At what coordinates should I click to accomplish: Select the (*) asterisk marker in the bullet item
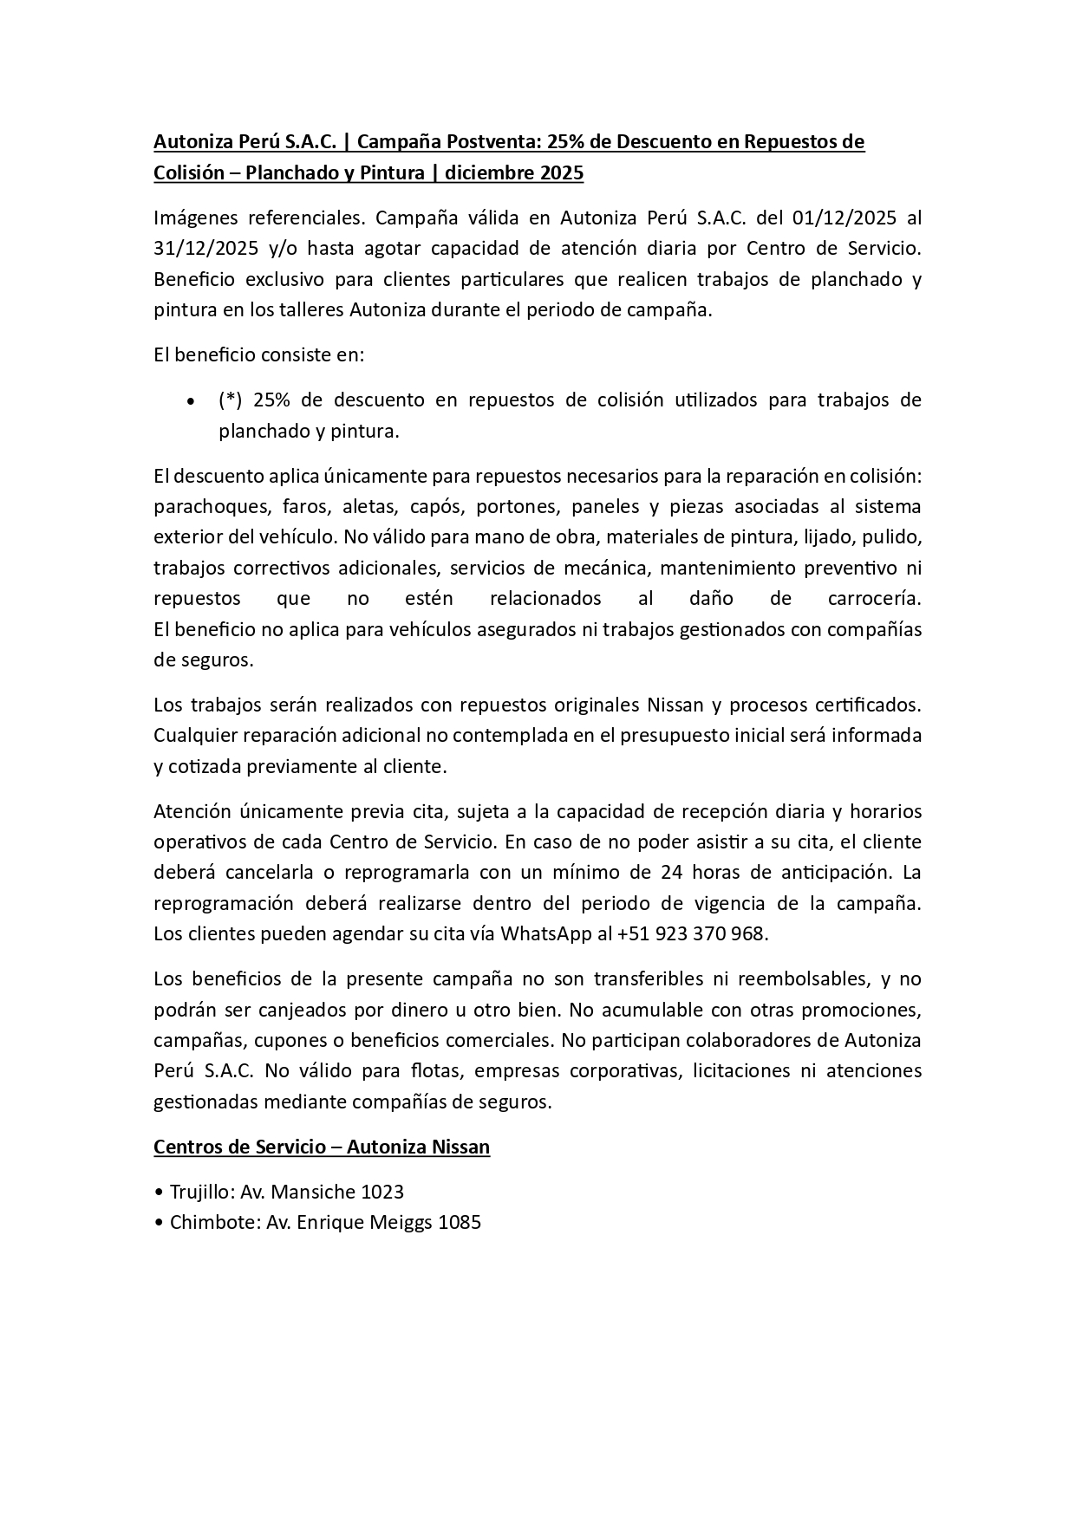(x=230, y=400)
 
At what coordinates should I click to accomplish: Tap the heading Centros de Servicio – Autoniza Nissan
(x=322, y=1147)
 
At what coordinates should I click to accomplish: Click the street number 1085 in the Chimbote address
(x=459, y=1223)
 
